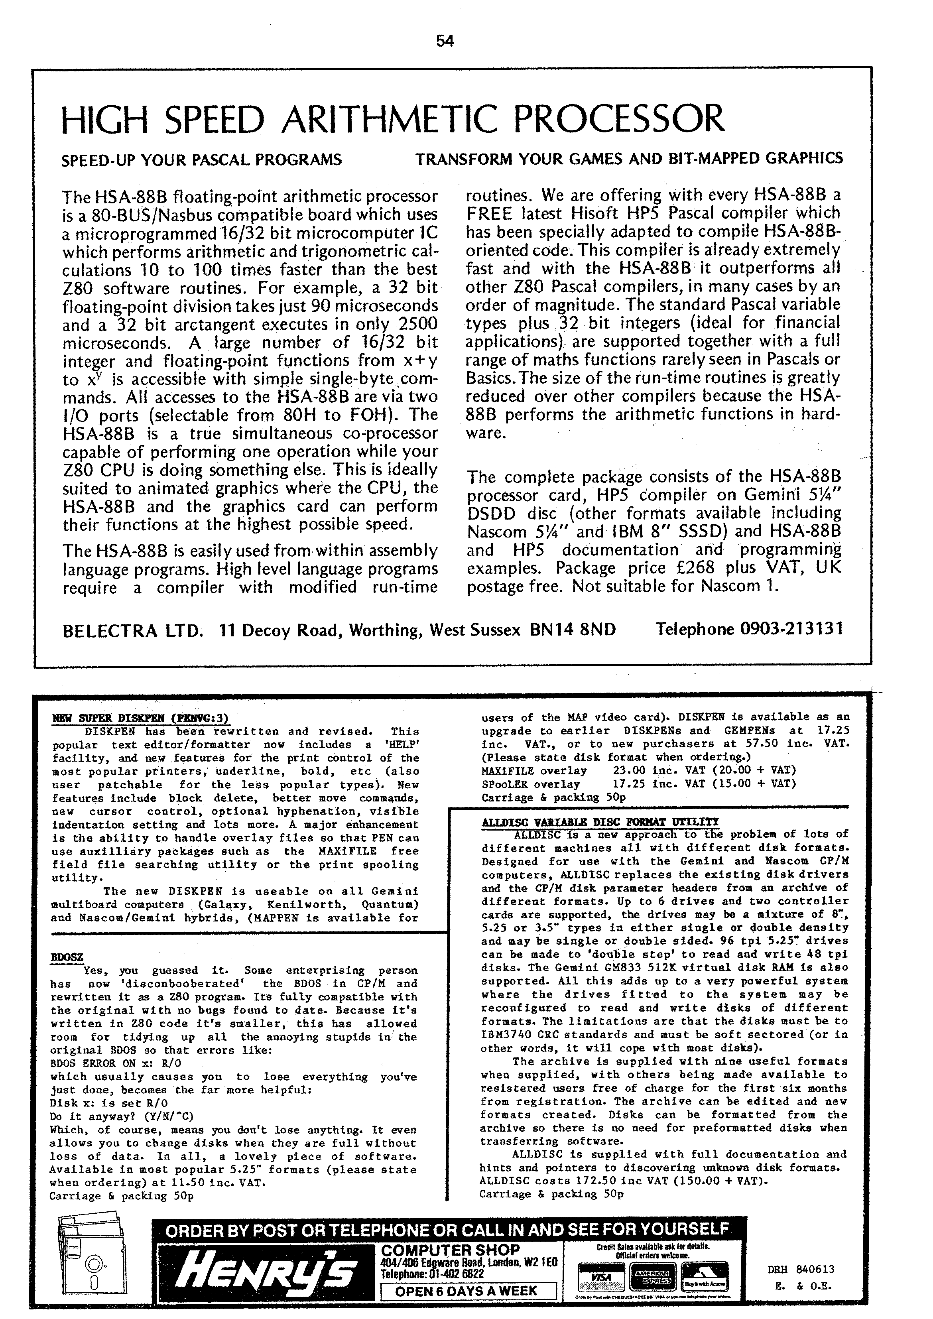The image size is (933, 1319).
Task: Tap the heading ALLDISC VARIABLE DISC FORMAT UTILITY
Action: (x=600, y=822)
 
